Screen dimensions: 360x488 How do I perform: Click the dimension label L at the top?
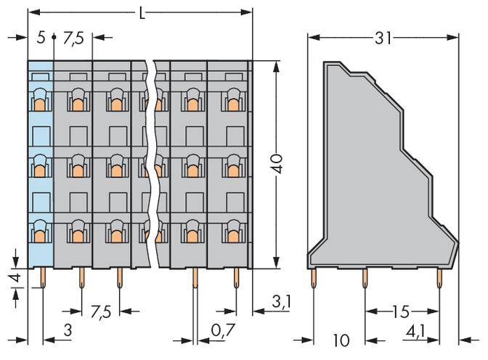142,12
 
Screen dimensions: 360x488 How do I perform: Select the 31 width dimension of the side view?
383,38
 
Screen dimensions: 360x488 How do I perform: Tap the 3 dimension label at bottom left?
68,331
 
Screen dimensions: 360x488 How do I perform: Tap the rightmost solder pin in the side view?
439,277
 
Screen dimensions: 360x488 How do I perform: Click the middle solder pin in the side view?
365,277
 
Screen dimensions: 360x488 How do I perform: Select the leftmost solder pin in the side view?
314,277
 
